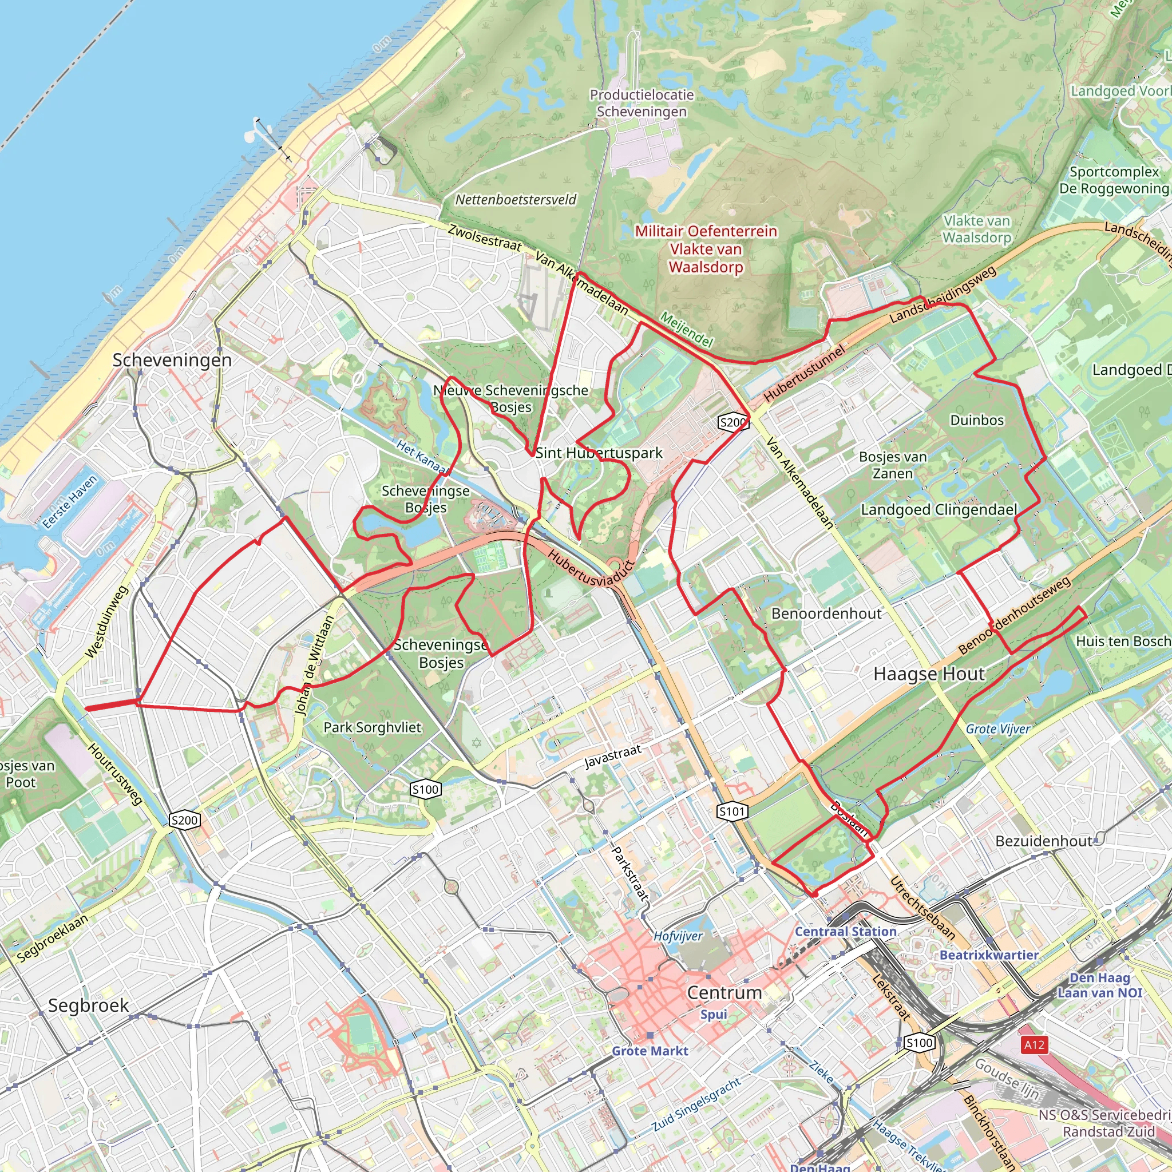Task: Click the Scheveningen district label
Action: pos(172,361)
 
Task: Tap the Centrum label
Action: pos(724,992)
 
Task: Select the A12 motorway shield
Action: pos(1034,1044)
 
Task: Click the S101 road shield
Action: pos(731,811)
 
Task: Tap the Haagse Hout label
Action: pos(929,674)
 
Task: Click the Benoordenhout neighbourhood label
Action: pos(826,613)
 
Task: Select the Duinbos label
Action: pos(977,420)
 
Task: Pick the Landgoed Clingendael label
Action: pos(939,509)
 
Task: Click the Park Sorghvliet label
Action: pos(372,727)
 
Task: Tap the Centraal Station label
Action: pos(846,931)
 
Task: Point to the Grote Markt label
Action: pos(650,1051)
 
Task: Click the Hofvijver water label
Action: pos(678,936)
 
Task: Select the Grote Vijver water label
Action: pos(997,728)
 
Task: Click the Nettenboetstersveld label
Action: pos(516,200)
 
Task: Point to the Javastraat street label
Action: pos(612,757)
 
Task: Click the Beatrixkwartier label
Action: pos(989,955)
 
